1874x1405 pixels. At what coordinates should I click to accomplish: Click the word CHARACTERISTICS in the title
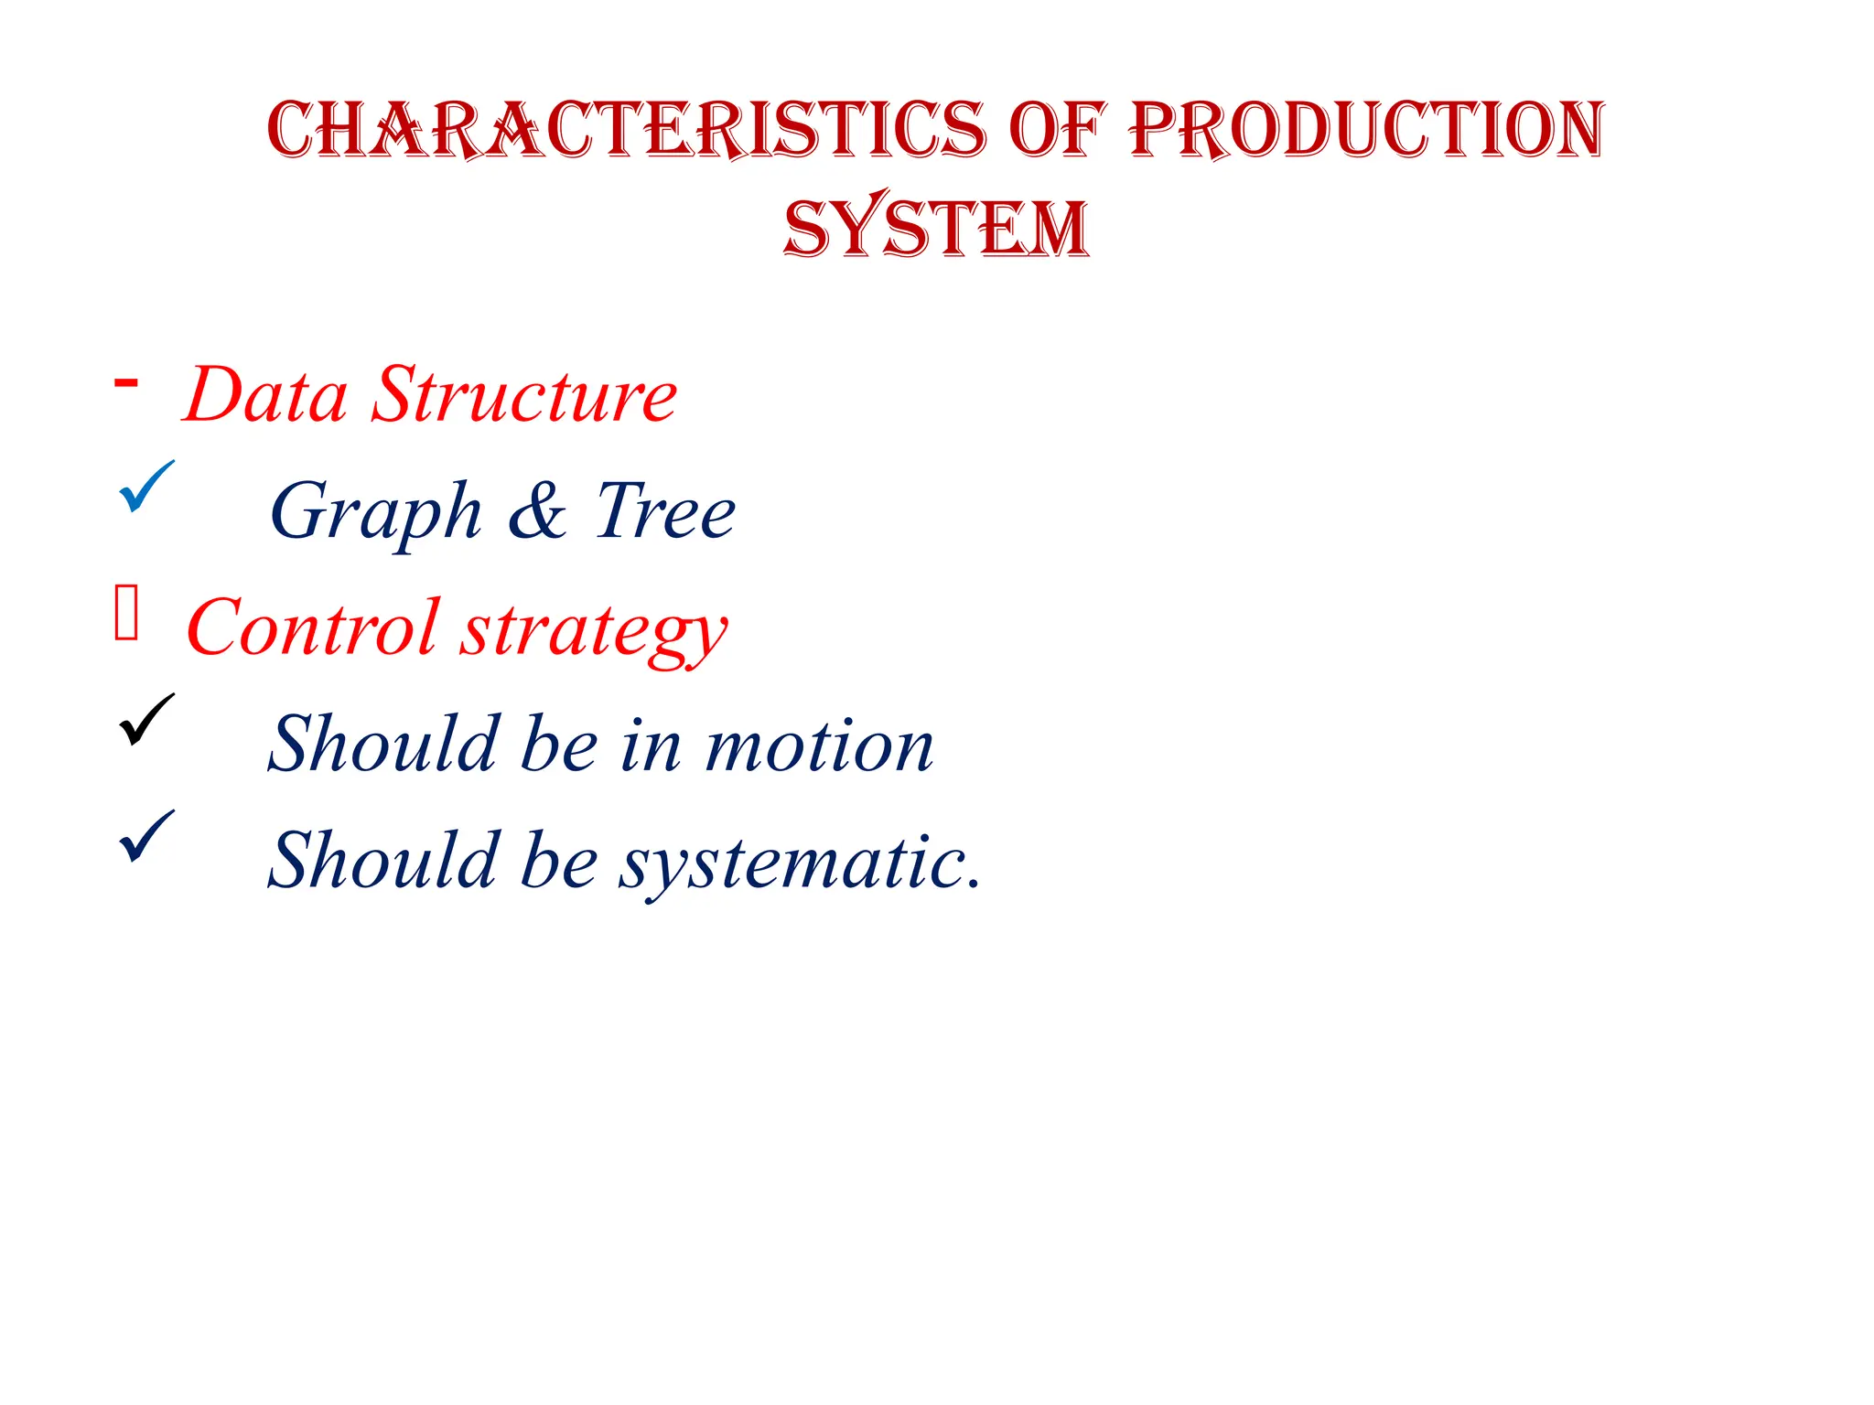pyautogui.click(x=627, y=129)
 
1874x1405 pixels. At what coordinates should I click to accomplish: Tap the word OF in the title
pyautogui.click(x=1057, y=129)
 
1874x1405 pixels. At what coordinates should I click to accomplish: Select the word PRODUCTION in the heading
pyautogui.click(x=1366, y=129)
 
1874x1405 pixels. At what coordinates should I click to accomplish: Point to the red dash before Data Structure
pyautogui.click(x=126, y=382)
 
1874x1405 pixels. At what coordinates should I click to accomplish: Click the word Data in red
pyautogui.click(x=265, y=395)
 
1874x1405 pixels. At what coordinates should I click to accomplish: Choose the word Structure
pyautogui.click(x=524, y=395)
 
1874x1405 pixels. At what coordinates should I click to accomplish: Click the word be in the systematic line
pyautogui.click(x=559, y=861)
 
